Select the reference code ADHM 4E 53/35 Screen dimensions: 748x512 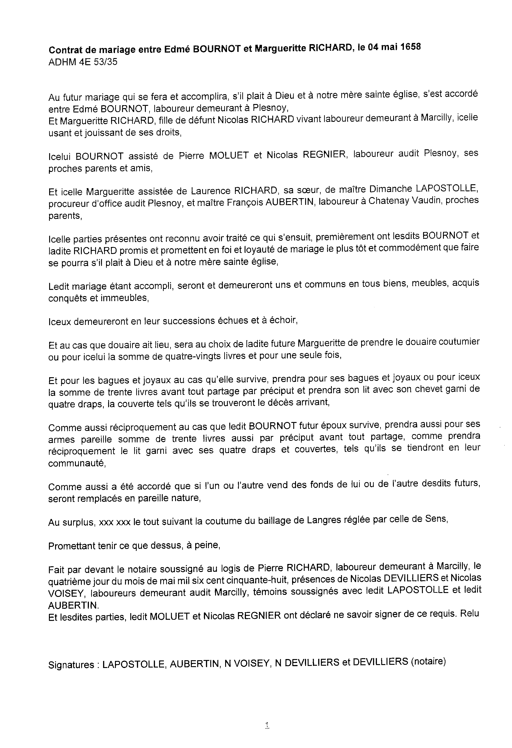83,62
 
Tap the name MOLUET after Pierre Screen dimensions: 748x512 229,155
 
